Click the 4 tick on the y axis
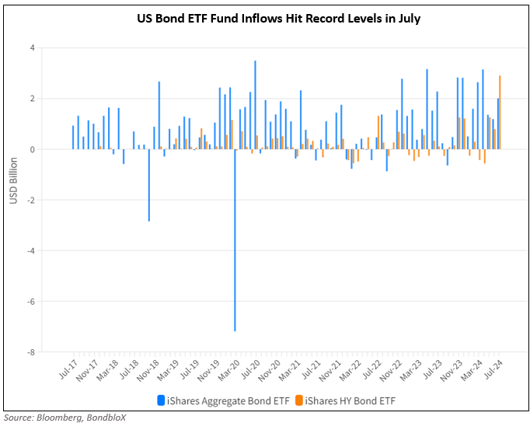32,48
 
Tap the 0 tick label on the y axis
32,149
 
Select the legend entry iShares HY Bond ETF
343,400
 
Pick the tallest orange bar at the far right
500,112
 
